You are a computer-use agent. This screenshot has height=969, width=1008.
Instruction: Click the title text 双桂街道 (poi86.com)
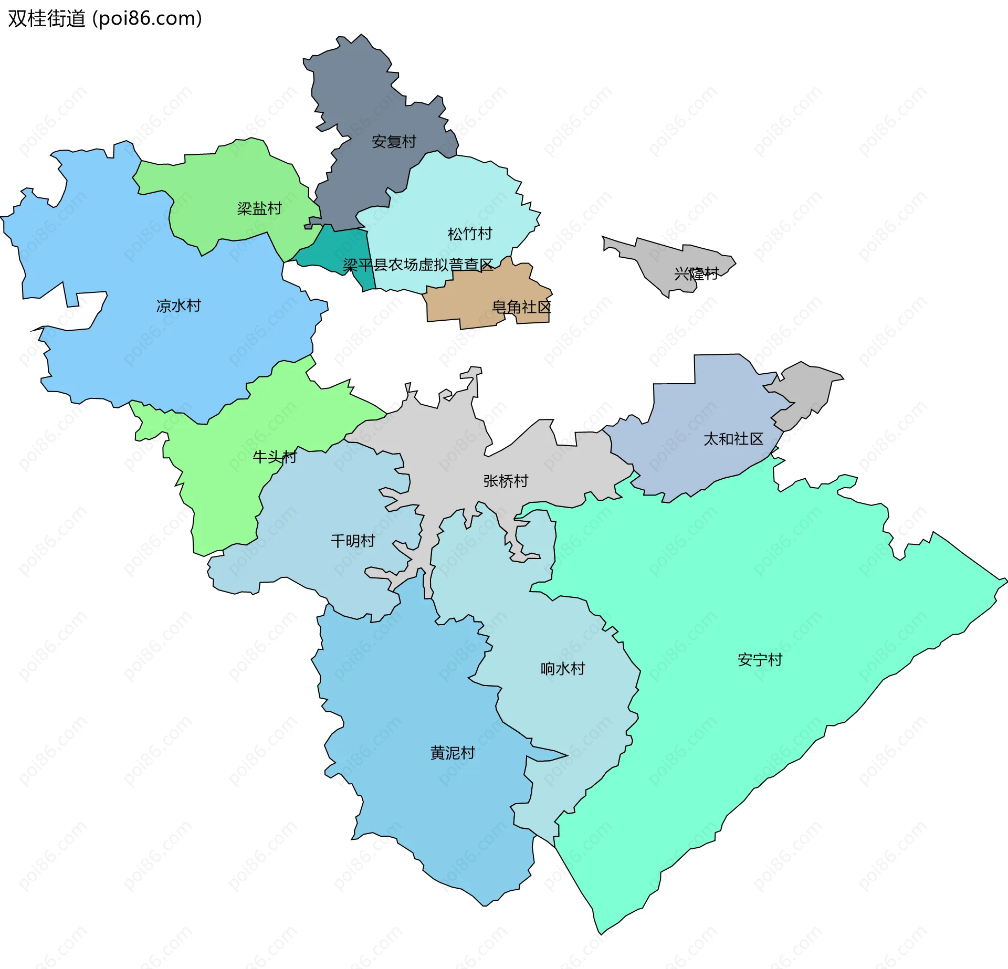coord(105,18)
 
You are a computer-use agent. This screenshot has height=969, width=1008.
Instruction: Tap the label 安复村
coord(394,141)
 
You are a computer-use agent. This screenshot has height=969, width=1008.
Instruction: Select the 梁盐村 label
coord(259,208)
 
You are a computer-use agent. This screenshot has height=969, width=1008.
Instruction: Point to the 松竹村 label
coord(470,234)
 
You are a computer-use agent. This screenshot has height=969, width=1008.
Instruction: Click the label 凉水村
coord(178,306)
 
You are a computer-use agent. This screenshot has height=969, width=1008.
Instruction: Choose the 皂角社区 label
coord(521,307)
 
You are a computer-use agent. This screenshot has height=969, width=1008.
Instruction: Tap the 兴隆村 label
coord(696,273)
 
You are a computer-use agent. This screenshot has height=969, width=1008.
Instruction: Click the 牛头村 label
coord(275,457)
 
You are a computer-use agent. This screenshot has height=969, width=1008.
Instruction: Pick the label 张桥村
coord(506,481)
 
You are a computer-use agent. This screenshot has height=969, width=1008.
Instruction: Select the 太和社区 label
coord(733,439)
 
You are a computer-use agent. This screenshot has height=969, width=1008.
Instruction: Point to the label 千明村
coord(353,541)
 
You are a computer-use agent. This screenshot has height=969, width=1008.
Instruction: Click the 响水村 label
coord(563,668)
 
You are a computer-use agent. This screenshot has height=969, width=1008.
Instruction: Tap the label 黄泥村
coord(453,753)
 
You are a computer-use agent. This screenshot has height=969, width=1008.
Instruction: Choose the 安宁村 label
coord(760,660)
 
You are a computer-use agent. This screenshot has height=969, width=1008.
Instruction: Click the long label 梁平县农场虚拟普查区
coord(418,265)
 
